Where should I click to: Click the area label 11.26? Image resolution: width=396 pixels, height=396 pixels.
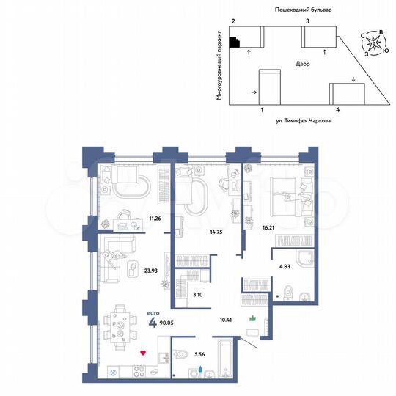click(x=154, y=218)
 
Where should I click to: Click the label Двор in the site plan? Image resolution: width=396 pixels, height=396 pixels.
click(x=302, y=64)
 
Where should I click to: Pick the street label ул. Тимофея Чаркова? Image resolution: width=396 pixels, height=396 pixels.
click(x=298, y=122)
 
